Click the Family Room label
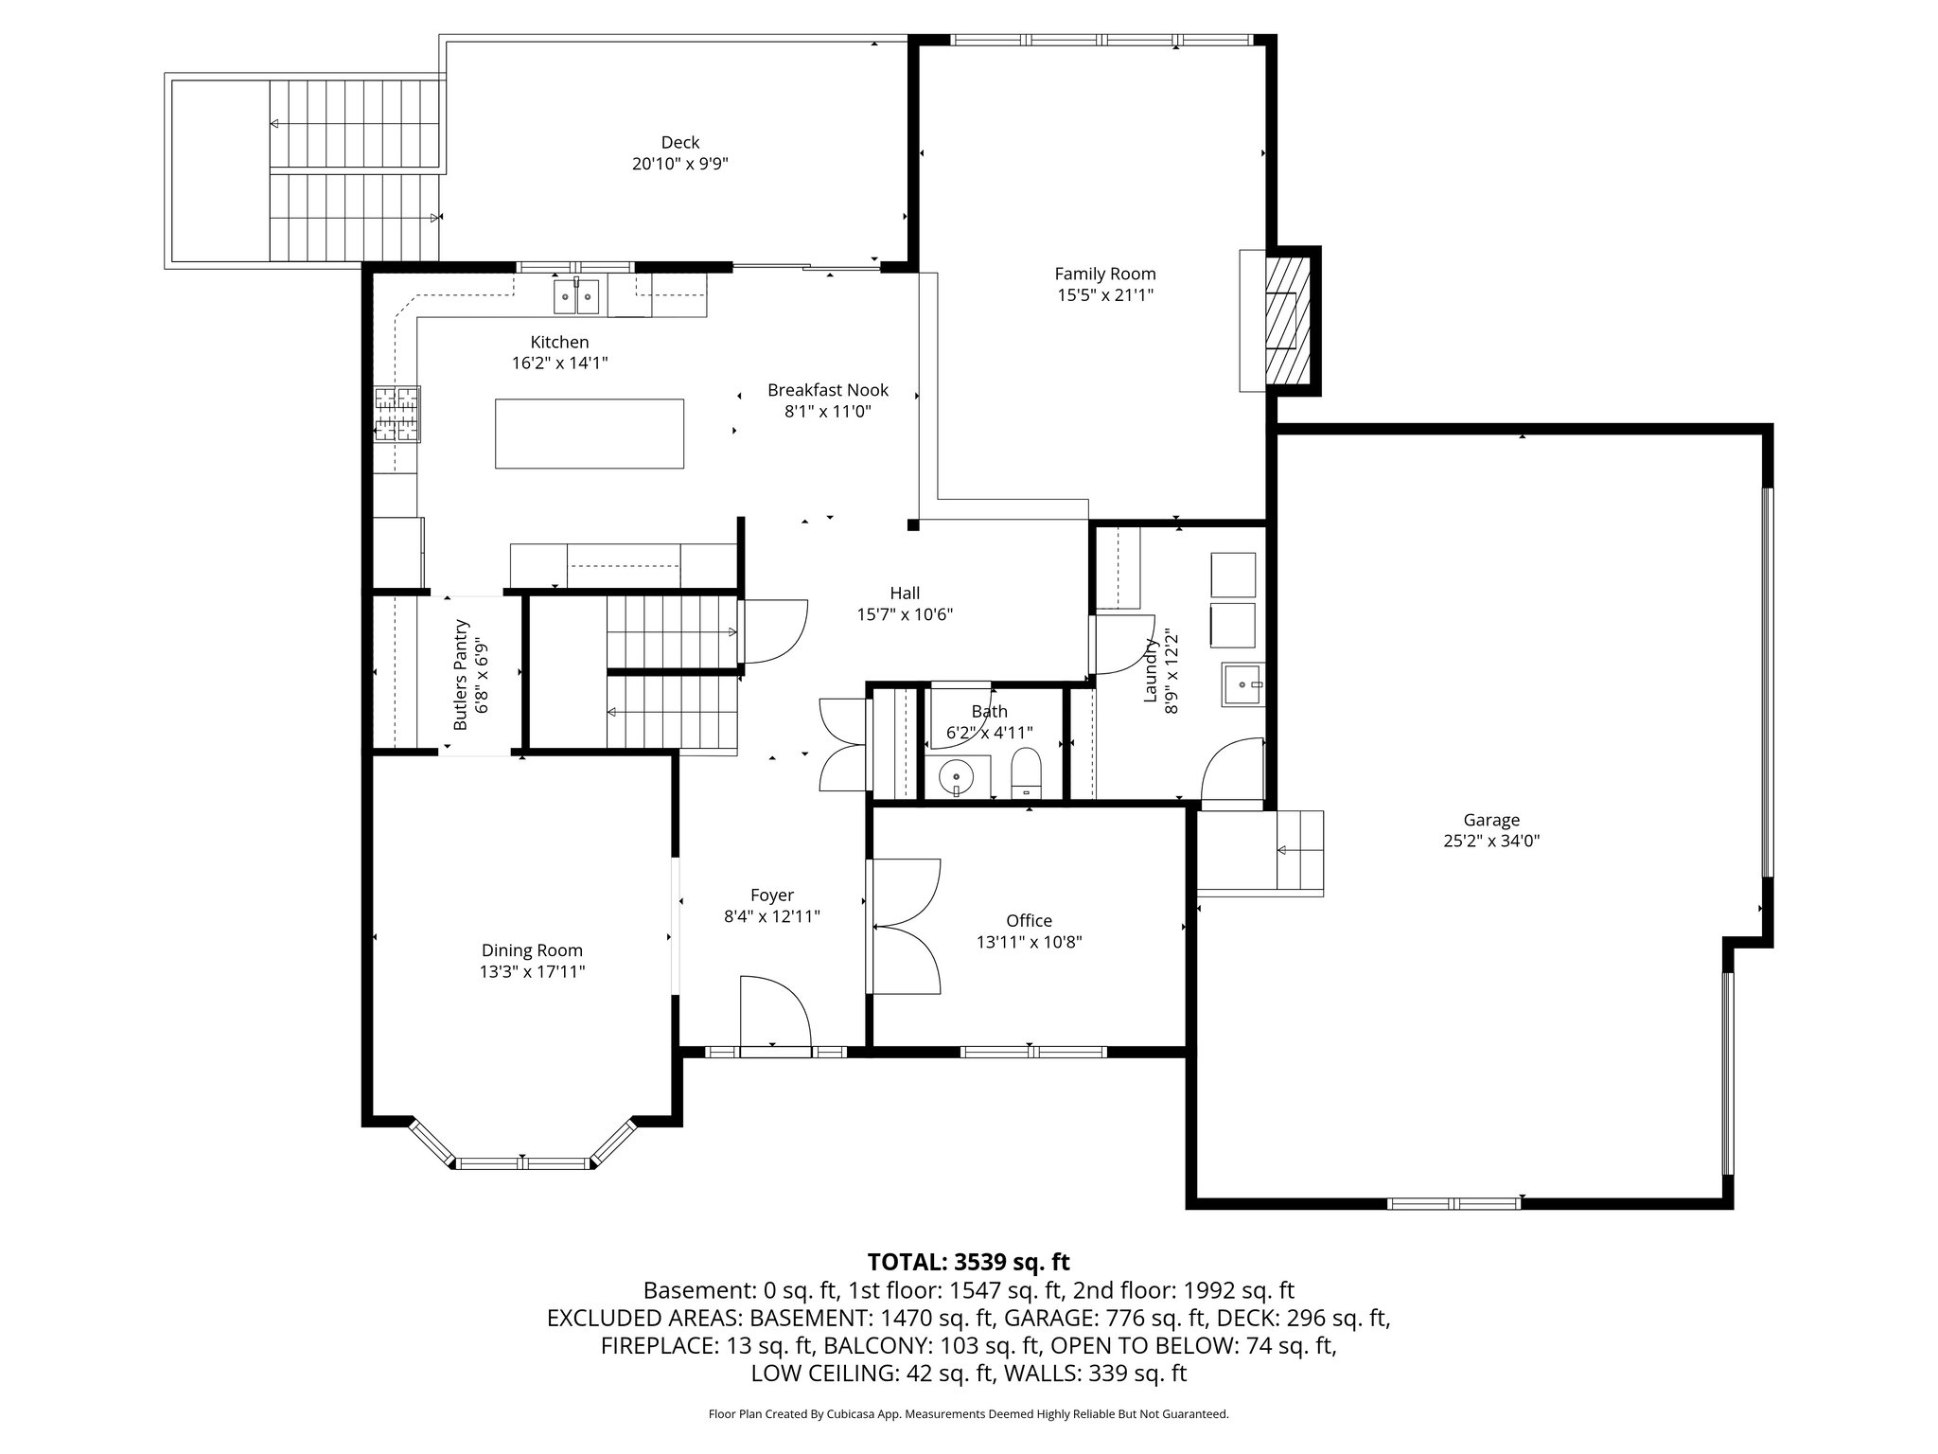pyautogui.click(x=1104, y=274)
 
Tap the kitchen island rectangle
pyautogui.click(x=590, y=434)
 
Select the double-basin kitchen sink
pyautogui.click(x=576, y=297)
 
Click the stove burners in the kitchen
pyautogui.click(x=397, y=414)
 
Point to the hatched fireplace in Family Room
pyautogui.click(x=1288, y=321)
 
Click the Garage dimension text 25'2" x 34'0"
pyautogui.click(x=1491, y=841)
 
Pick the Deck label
pyautogui.click(x=679, y=142)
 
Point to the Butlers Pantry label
pyautogui.click(x=461, y=674)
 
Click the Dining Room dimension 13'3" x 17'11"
pyautogui.click(x=532, y=971)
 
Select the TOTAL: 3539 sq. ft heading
pyautogui.click(x=968, y=1261)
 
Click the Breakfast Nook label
pyautogui.click(x=828, y=390)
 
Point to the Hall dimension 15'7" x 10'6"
pyautogui.click(x=905, y=614)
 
